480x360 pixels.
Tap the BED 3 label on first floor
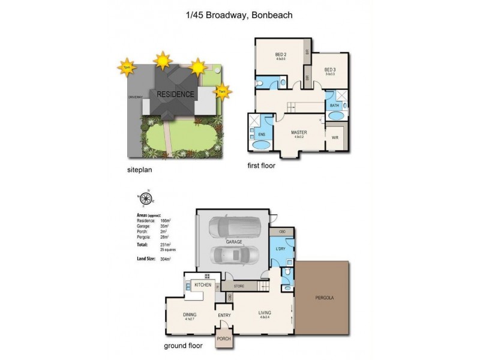[x=329, y=70]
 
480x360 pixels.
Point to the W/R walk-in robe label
[x=335, y=137]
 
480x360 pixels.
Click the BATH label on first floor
[x=334, y=106]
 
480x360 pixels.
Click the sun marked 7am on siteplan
[x=222, y=91]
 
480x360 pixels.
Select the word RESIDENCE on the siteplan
[x=175, y=94]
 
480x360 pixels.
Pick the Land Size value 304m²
[x=166, y=259]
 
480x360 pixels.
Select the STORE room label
[x=239, y=286]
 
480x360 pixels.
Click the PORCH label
[x=223, y=338]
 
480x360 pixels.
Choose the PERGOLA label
[x=324, y=298]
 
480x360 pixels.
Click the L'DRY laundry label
[x=279, y=248]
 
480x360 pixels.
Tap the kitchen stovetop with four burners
[x=206, y=275]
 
